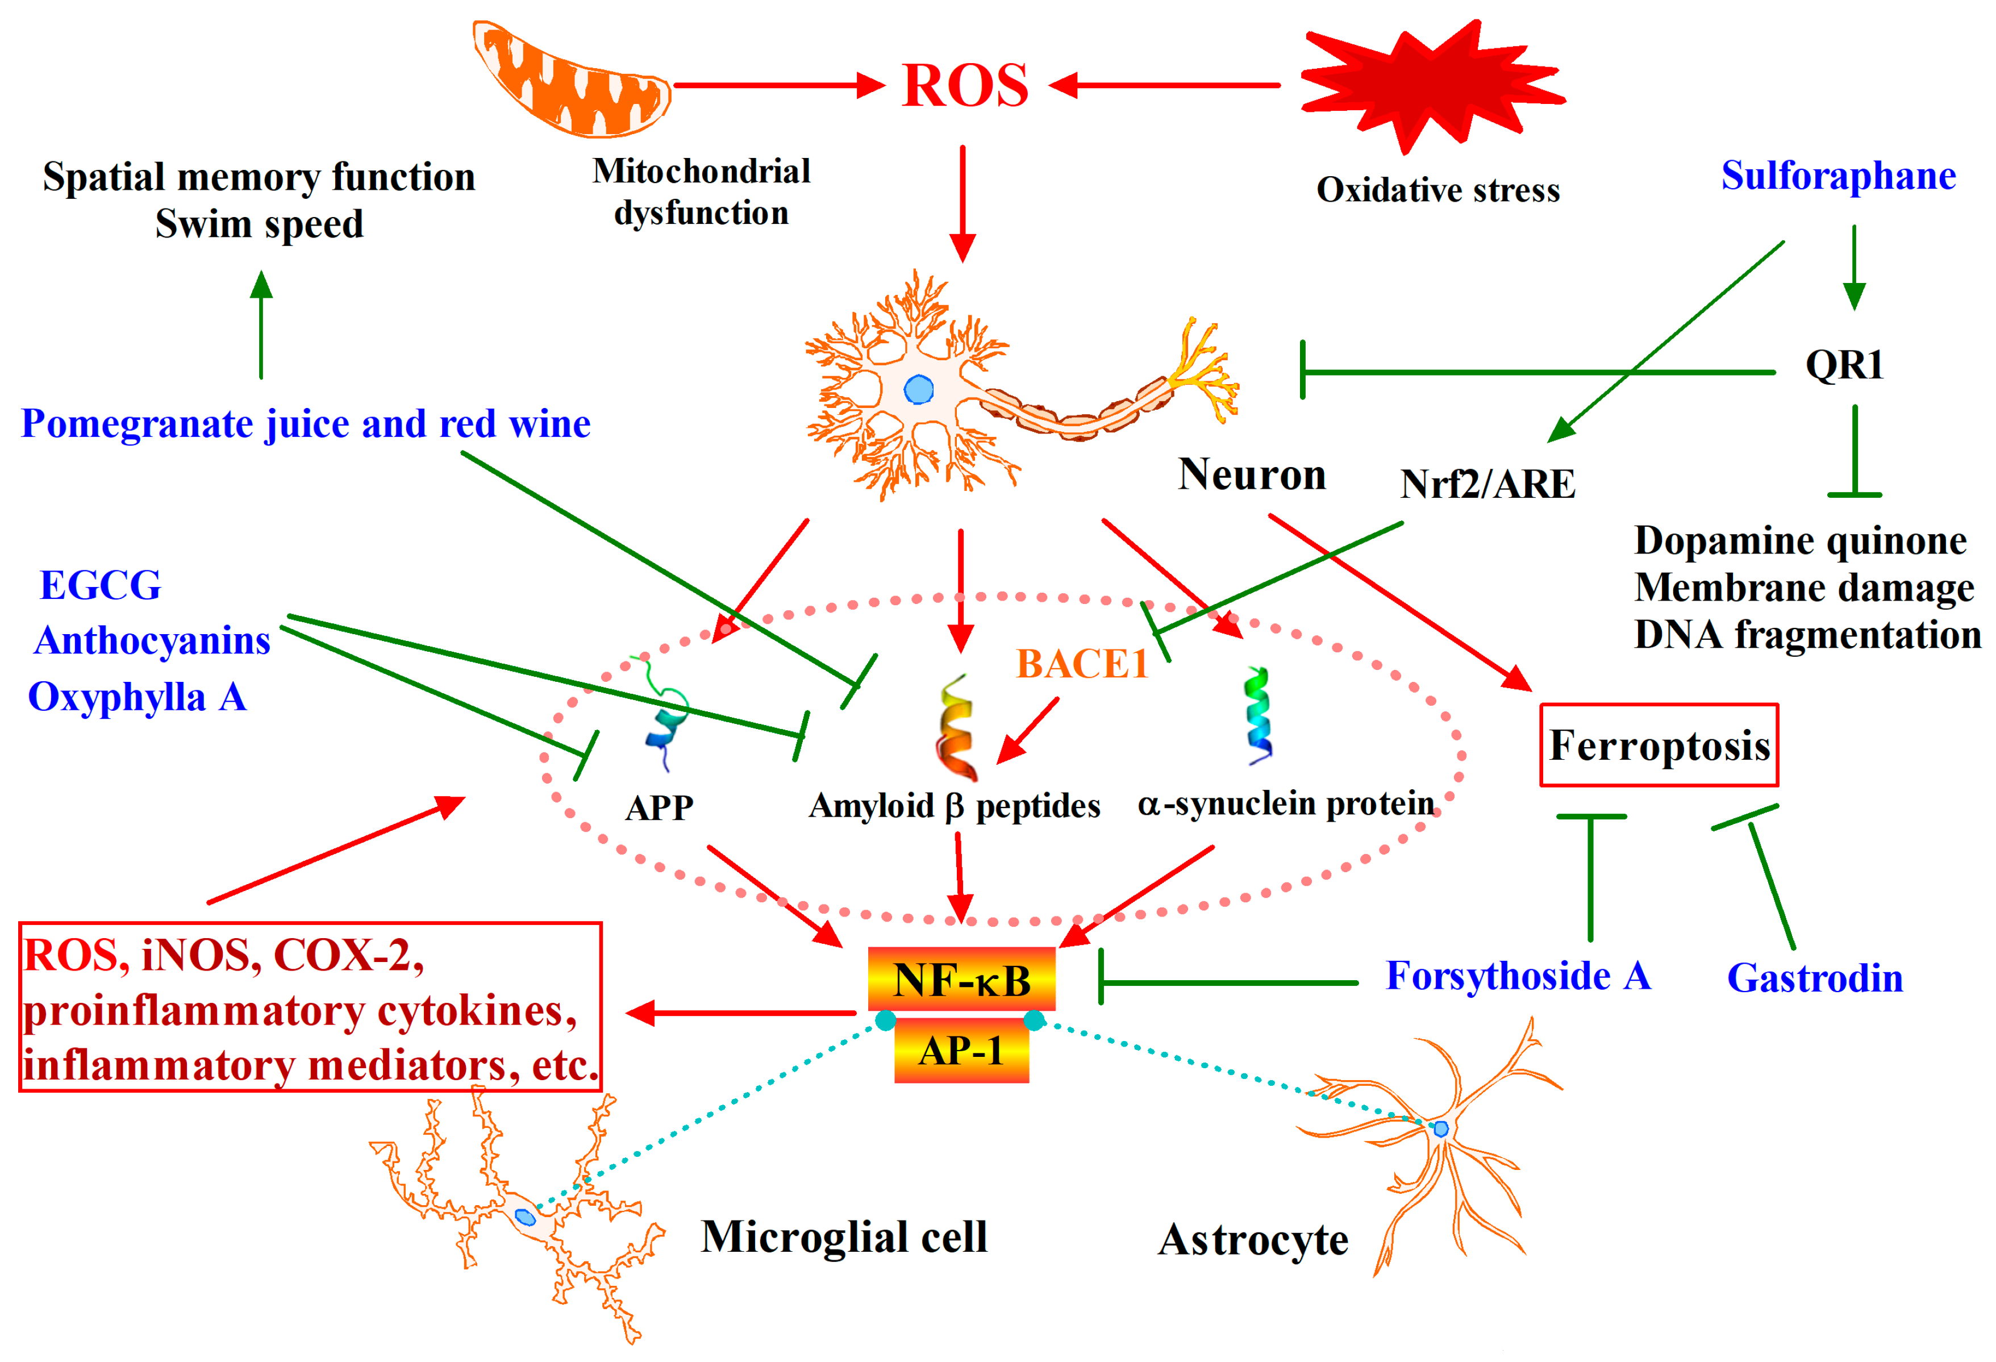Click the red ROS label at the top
click(x=965, y=86)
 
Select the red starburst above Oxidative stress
click(x=1430, y=84)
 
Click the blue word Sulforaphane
click(x=1838, y=176)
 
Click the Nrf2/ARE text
click(x=1487, y=484)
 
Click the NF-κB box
click(x=961, y=980)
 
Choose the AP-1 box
click(x=961, y=1050)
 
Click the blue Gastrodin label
click(x=1815, y=978)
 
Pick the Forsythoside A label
click(x=1518, y=976)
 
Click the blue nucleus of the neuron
click(x=918, y=390)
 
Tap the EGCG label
click(x=101, y=586)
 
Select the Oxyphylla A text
click(x=137, y=697)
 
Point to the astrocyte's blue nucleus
click(x=1441, y=1128)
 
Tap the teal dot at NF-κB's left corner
click(x=885, y=1020)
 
